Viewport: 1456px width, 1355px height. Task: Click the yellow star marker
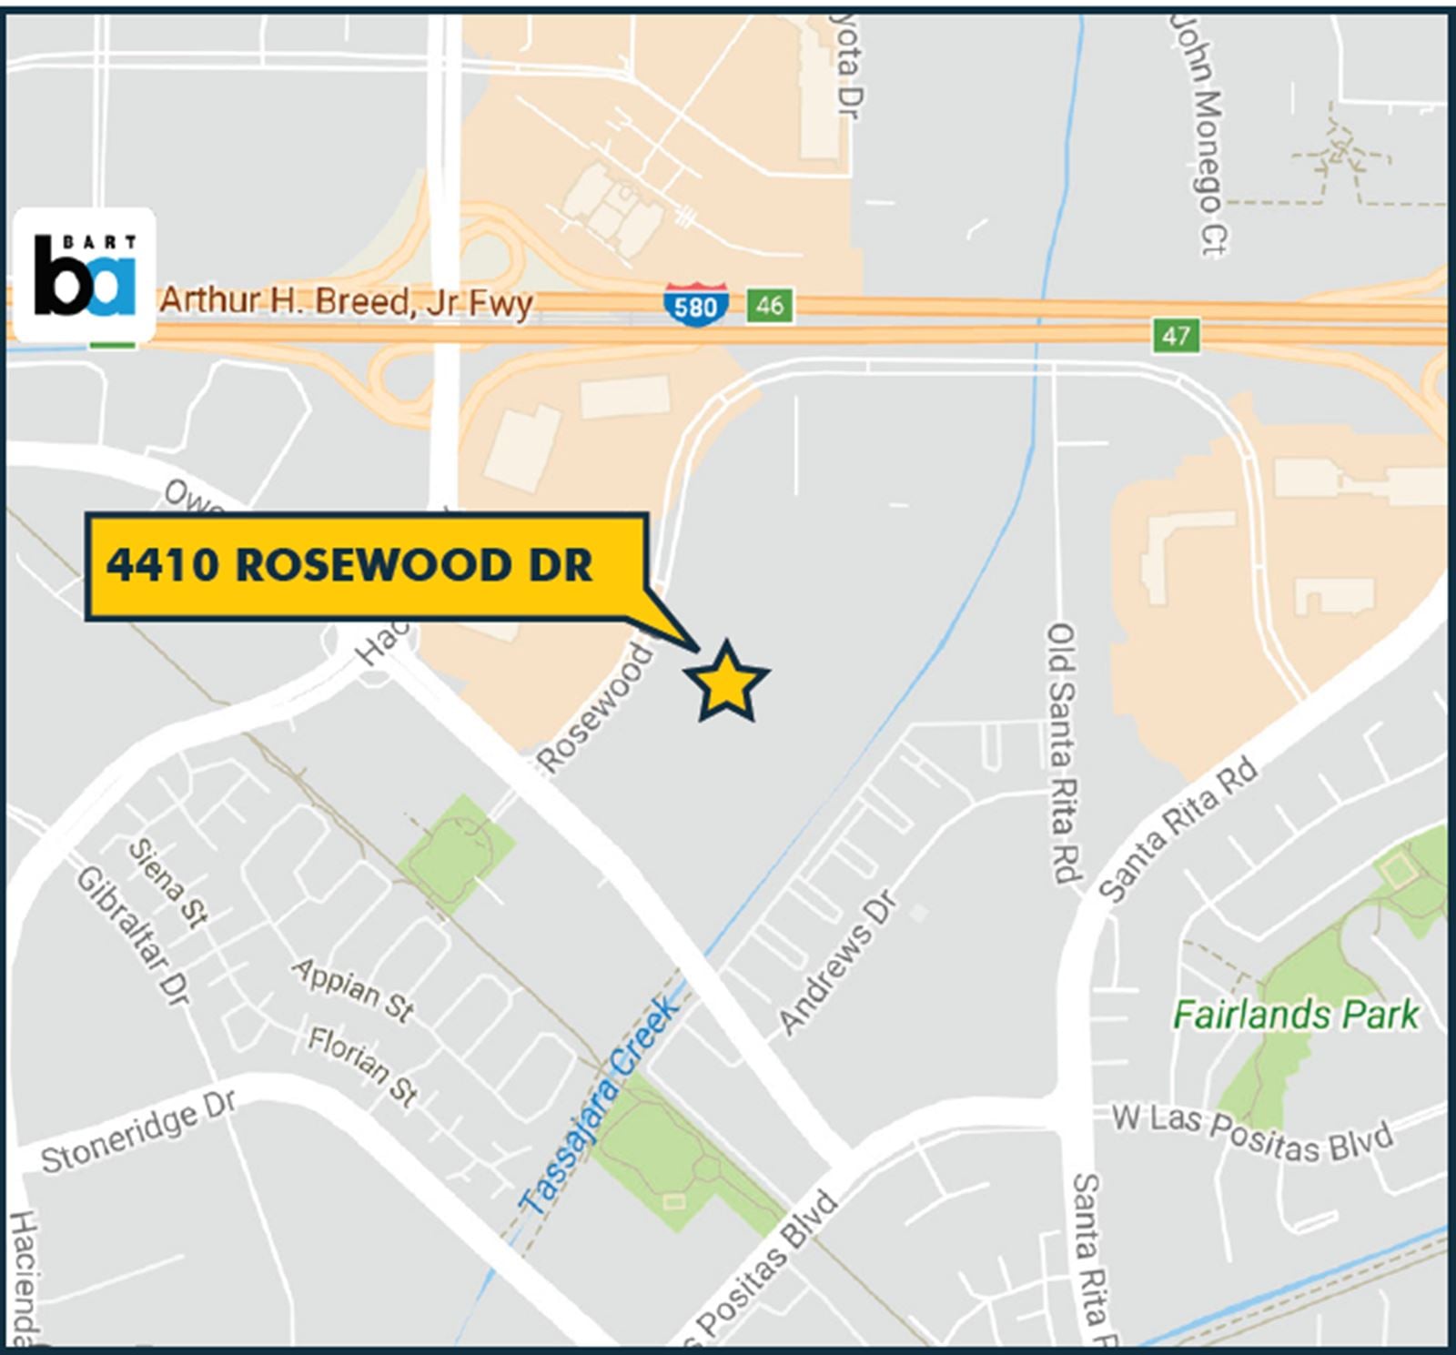[x=726, y=682]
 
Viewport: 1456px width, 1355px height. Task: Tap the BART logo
[x=85, y=275]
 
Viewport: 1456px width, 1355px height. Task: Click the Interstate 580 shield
[x=696, y=305]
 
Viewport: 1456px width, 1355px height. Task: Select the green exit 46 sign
[x=769, y=305]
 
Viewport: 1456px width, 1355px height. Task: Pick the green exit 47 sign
[x=1175, y=336]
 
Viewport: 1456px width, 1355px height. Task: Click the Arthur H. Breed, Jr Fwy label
[x=346, y=301]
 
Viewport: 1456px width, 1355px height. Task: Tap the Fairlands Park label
[x=1295, y=1015]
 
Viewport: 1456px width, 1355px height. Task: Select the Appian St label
[x=353, y=988]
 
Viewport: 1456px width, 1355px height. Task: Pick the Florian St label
[x=362, y=1066]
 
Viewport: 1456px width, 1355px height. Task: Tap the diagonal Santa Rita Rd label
[x=1179, y=828]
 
